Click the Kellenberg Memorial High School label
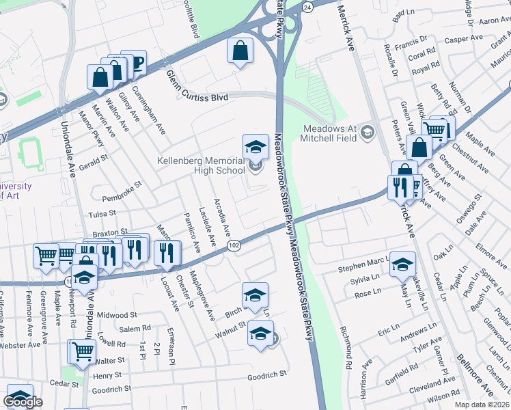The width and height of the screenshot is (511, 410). click(x=201, y=165)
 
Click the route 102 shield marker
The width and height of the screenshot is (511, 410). click(x=234, y=245)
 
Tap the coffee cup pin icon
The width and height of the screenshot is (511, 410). click(x=135, y=63)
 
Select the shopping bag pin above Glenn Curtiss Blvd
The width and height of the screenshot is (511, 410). click(x=240, y=51)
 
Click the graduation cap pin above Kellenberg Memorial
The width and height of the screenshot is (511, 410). click(x=255, y=146)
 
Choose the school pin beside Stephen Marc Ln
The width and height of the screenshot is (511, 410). click(x=403, y=264)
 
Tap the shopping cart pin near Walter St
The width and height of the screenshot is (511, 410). click(x=82, y=351)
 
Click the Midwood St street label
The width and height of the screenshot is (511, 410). click(x=118, y=315)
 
